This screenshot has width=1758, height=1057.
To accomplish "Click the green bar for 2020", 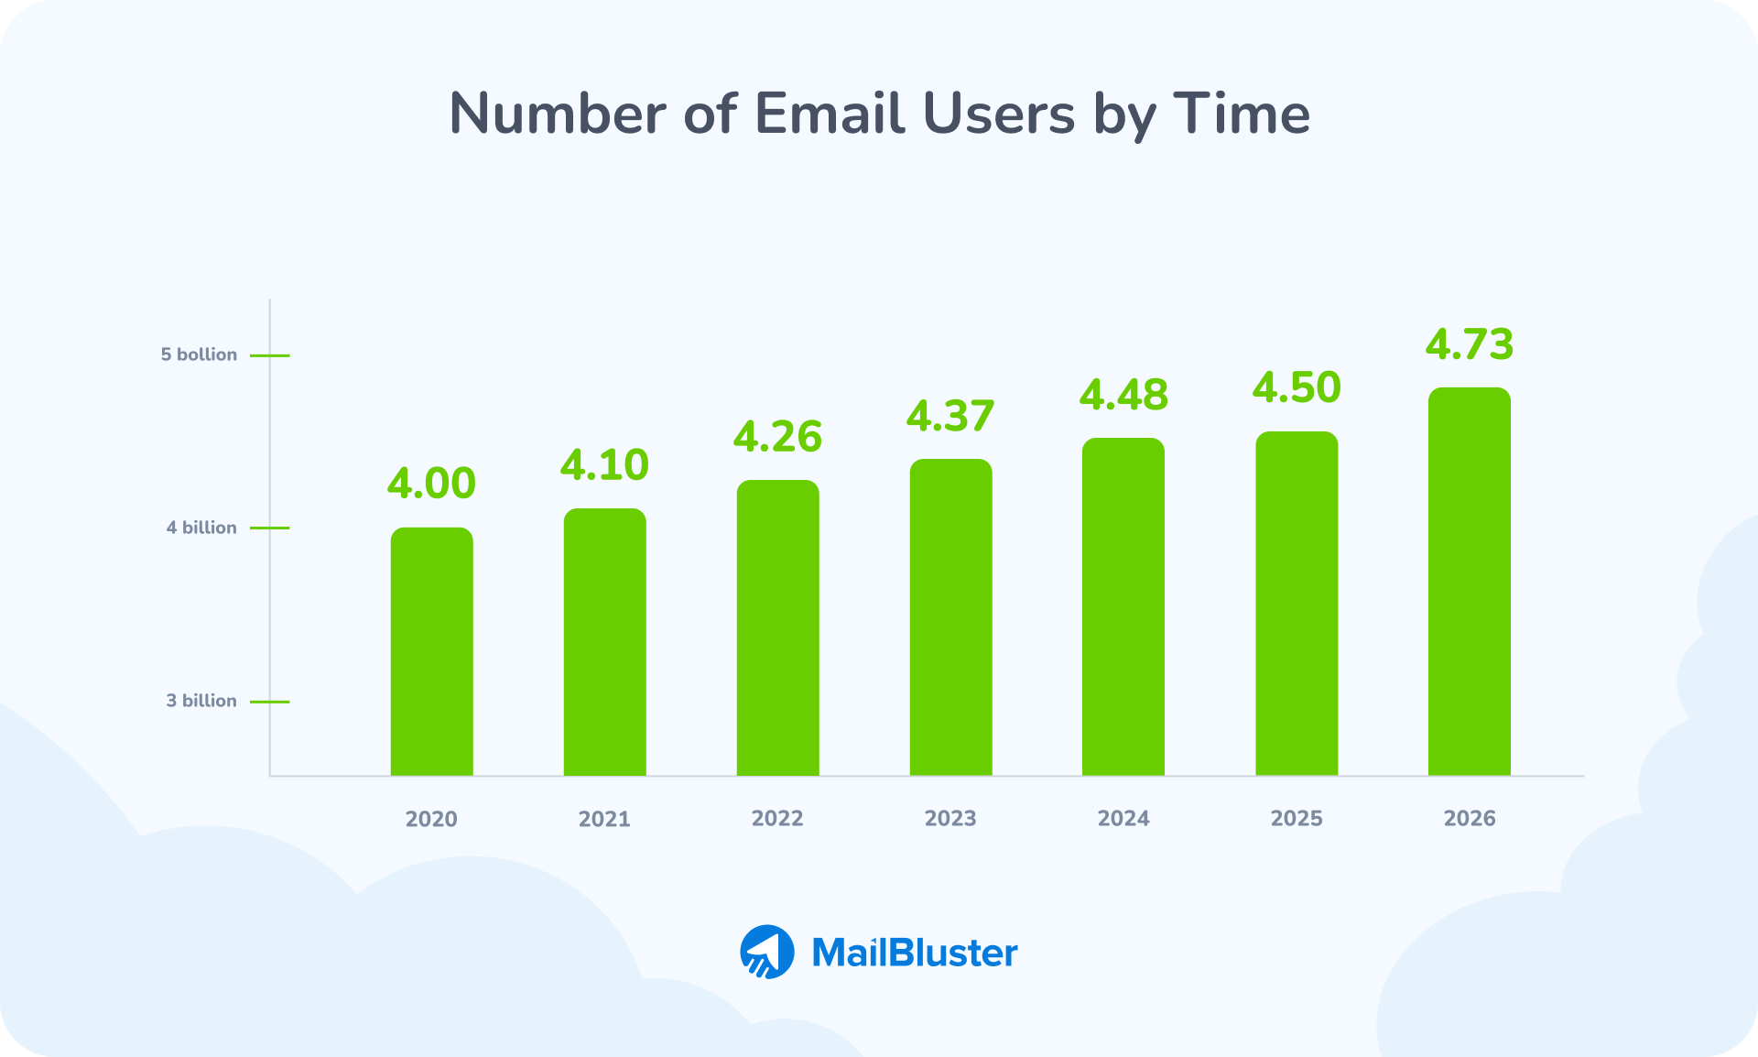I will pyautogui.click(x=431, y=651).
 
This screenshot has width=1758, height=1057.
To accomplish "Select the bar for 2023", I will pyautogui.click(x=950, y=617).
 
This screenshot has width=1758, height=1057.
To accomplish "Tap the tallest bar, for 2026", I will pyautogui.click(x=1469, y=582).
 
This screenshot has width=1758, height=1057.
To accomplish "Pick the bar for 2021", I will pyautogui.click(x=604, y=642).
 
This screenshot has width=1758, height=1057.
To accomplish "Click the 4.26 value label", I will pyautogui.click(x=777, y=437).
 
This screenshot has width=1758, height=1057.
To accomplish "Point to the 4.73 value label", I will pyautogui.click(x=1469, y=344).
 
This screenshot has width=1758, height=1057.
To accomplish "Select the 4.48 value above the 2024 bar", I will pyautogui.click(x=1123, y=395).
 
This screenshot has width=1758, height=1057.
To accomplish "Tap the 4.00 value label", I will pyautogui.click(x=431, y=484).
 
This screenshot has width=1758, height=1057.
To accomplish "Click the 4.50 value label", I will pyautogui.click(x=1297, y=387).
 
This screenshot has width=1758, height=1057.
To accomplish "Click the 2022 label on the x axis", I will pyautogui.click(x=777, y=818).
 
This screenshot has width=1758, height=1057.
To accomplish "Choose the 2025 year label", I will pyautogui.click(x=1297, y=818).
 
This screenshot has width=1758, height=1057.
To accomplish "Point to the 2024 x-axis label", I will pyautogui.click(x=1123, y=818).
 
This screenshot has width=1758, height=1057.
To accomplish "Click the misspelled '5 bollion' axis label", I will pyautogui.click(x=199, y=354).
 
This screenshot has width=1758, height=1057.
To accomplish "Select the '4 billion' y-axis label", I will pyautogui.click(x=201, y=528).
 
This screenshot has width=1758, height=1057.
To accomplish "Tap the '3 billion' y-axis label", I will pyautogui.click(x=201, y=701).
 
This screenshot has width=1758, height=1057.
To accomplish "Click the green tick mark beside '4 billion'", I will pyautogui.click(x=270, y=528).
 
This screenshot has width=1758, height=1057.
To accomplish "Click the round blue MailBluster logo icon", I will pyautogui.click(x=767, y=952).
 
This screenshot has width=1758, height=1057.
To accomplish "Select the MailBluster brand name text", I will pyautogui.click(x=915, y=953).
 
